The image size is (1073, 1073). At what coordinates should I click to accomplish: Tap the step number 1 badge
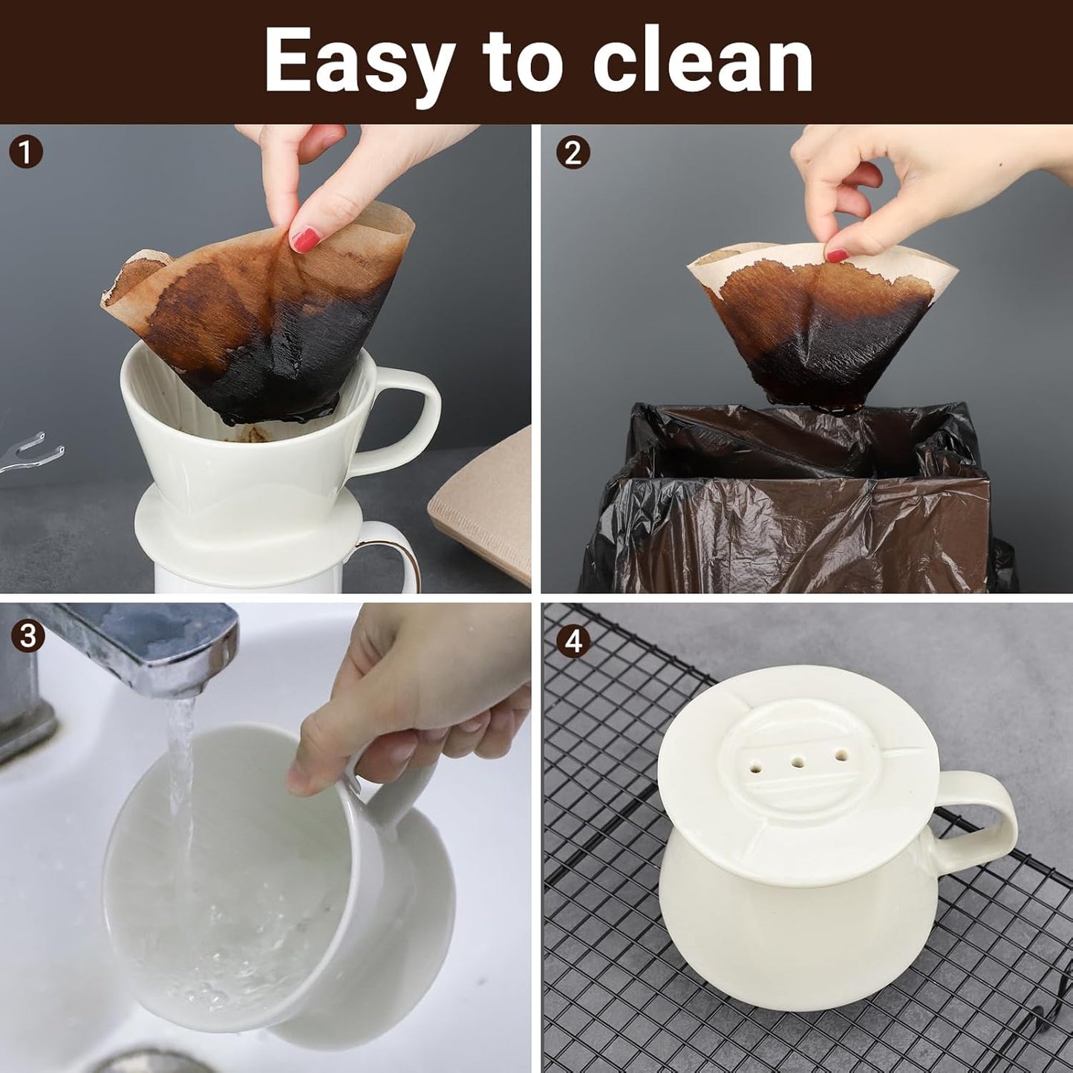click(x=26, y=153)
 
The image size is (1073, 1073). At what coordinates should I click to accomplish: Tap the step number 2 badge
click(x=573, y=153)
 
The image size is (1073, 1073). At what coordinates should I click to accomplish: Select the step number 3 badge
click(x=27, y=636)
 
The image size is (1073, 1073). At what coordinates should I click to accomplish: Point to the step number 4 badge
click(x=573, y=640)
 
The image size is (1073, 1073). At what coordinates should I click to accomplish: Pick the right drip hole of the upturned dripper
click(x=841, y=755)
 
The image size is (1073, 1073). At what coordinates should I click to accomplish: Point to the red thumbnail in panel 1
click(x=305, y=239)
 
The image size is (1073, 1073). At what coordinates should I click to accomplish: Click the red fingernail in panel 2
click(x=838, y=255)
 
